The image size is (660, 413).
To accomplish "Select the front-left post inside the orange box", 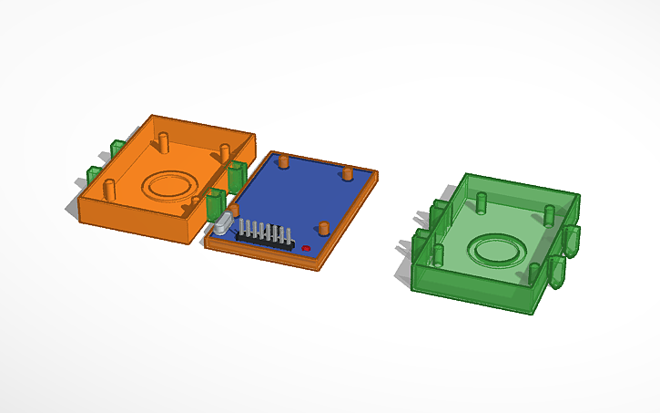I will [110, 190].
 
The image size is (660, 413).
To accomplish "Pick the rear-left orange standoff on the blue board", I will [284, 161].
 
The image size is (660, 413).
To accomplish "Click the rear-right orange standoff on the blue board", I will [347, 173].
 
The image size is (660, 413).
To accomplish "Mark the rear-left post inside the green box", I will [482, 200].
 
